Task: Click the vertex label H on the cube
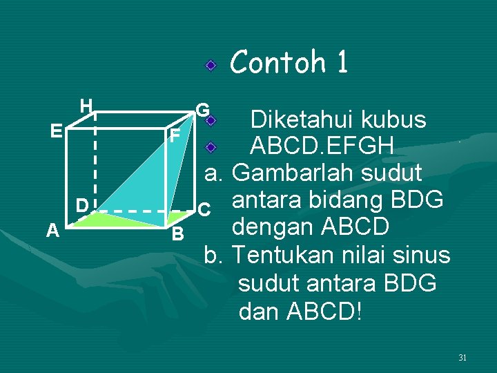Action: click(x=86, y=106)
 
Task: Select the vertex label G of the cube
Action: click(x=202, y=110)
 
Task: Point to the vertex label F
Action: click(x=176, y=136)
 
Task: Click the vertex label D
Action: click(x=81, y=205)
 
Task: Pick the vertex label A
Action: click(x=52, y=231)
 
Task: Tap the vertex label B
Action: click(x=177, y=234)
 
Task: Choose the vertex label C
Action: click(x=203, y=208)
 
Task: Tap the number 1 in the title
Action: click(x=342, y=62)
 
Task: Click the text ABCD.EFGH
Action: click(x=322, y=146)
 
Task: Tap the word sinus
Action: click(x=422, y=255)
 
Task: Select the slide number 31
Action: click(x=462, y=358)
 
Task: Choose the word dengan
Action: click(x=272, y=227)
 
